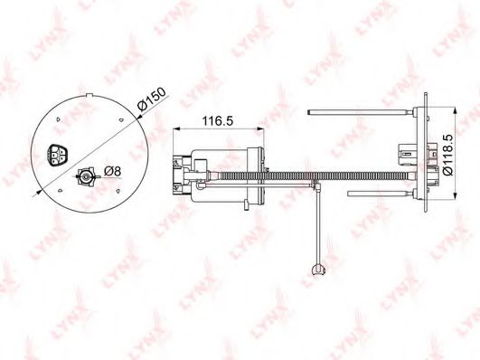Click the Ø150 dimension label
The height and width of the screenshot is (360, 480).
pos(152,99)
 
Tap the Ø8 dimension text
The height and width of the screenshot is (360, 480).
pos(112,171)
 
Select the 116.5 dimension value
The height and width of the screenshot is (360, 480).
pos(218,121)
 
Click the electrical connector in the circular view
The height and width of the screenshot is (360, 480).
pos(58,155)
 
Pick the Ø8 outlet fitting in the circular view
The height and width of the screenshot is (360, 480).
pos(86,175)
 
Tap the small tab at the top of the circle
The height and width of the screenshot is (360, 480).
pos(89,94)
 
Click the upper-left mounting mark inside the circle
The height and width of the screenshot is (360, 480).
pos(58,119)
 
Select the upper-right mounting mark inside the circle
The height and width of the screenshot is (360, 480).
pos(121,119)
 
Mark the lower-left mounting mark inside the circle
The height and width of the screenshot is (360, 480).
pos(61,190)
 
